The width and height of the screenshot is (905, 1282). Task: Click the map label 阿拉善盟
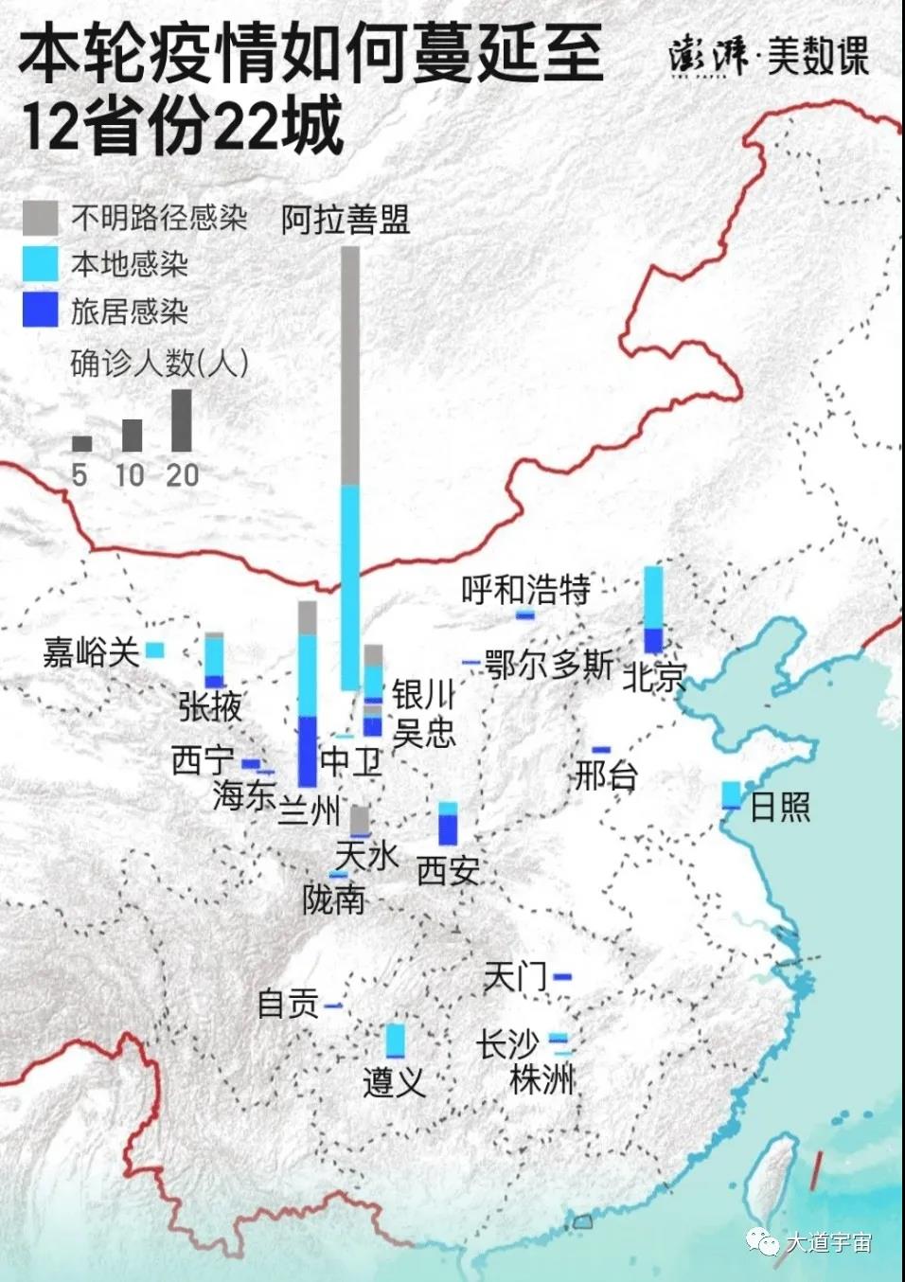point(346,220)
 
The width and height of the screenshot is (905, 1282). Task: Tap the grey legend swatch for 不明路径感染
point(40,218)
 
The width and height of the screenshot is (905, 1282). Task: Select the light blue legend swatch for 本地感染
point(40,264)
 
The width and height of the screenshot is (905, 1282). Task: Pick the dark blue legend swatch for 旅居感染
point(40,310)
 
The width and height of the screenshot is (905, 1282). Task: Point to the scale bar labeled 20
point(181,420)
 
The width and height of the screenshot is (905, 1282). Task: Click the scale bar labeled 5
point(82,443)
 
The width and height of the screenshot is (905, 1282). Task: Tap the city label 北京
point(653,676)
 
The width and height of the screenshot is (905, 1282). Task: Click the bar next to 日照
point(731,794)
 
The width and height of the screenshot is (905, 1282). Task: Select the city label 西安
point(448,870)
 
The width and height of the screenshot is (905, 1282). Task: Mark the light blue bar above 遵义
point(395,1041)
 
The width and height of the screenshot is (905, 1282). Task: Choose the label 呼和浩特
point(525,590)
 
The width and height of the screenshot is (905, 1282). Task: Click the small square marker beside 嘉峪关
point(155,650)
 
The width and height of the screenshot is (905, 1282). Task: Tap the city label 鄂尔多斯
point(549,665)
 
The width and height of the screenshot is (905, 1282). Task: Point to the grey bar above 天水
point(360,820)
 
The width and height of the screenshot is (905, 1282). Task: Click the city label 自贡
point(288,1004)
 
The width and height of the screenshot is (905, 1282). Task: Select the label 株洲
point(541,1078)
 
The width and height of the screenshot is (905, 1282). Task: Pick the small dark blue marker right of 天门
point(563,976)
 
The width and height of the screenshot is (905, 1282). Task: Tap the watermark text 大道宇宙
point(828,1242)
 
